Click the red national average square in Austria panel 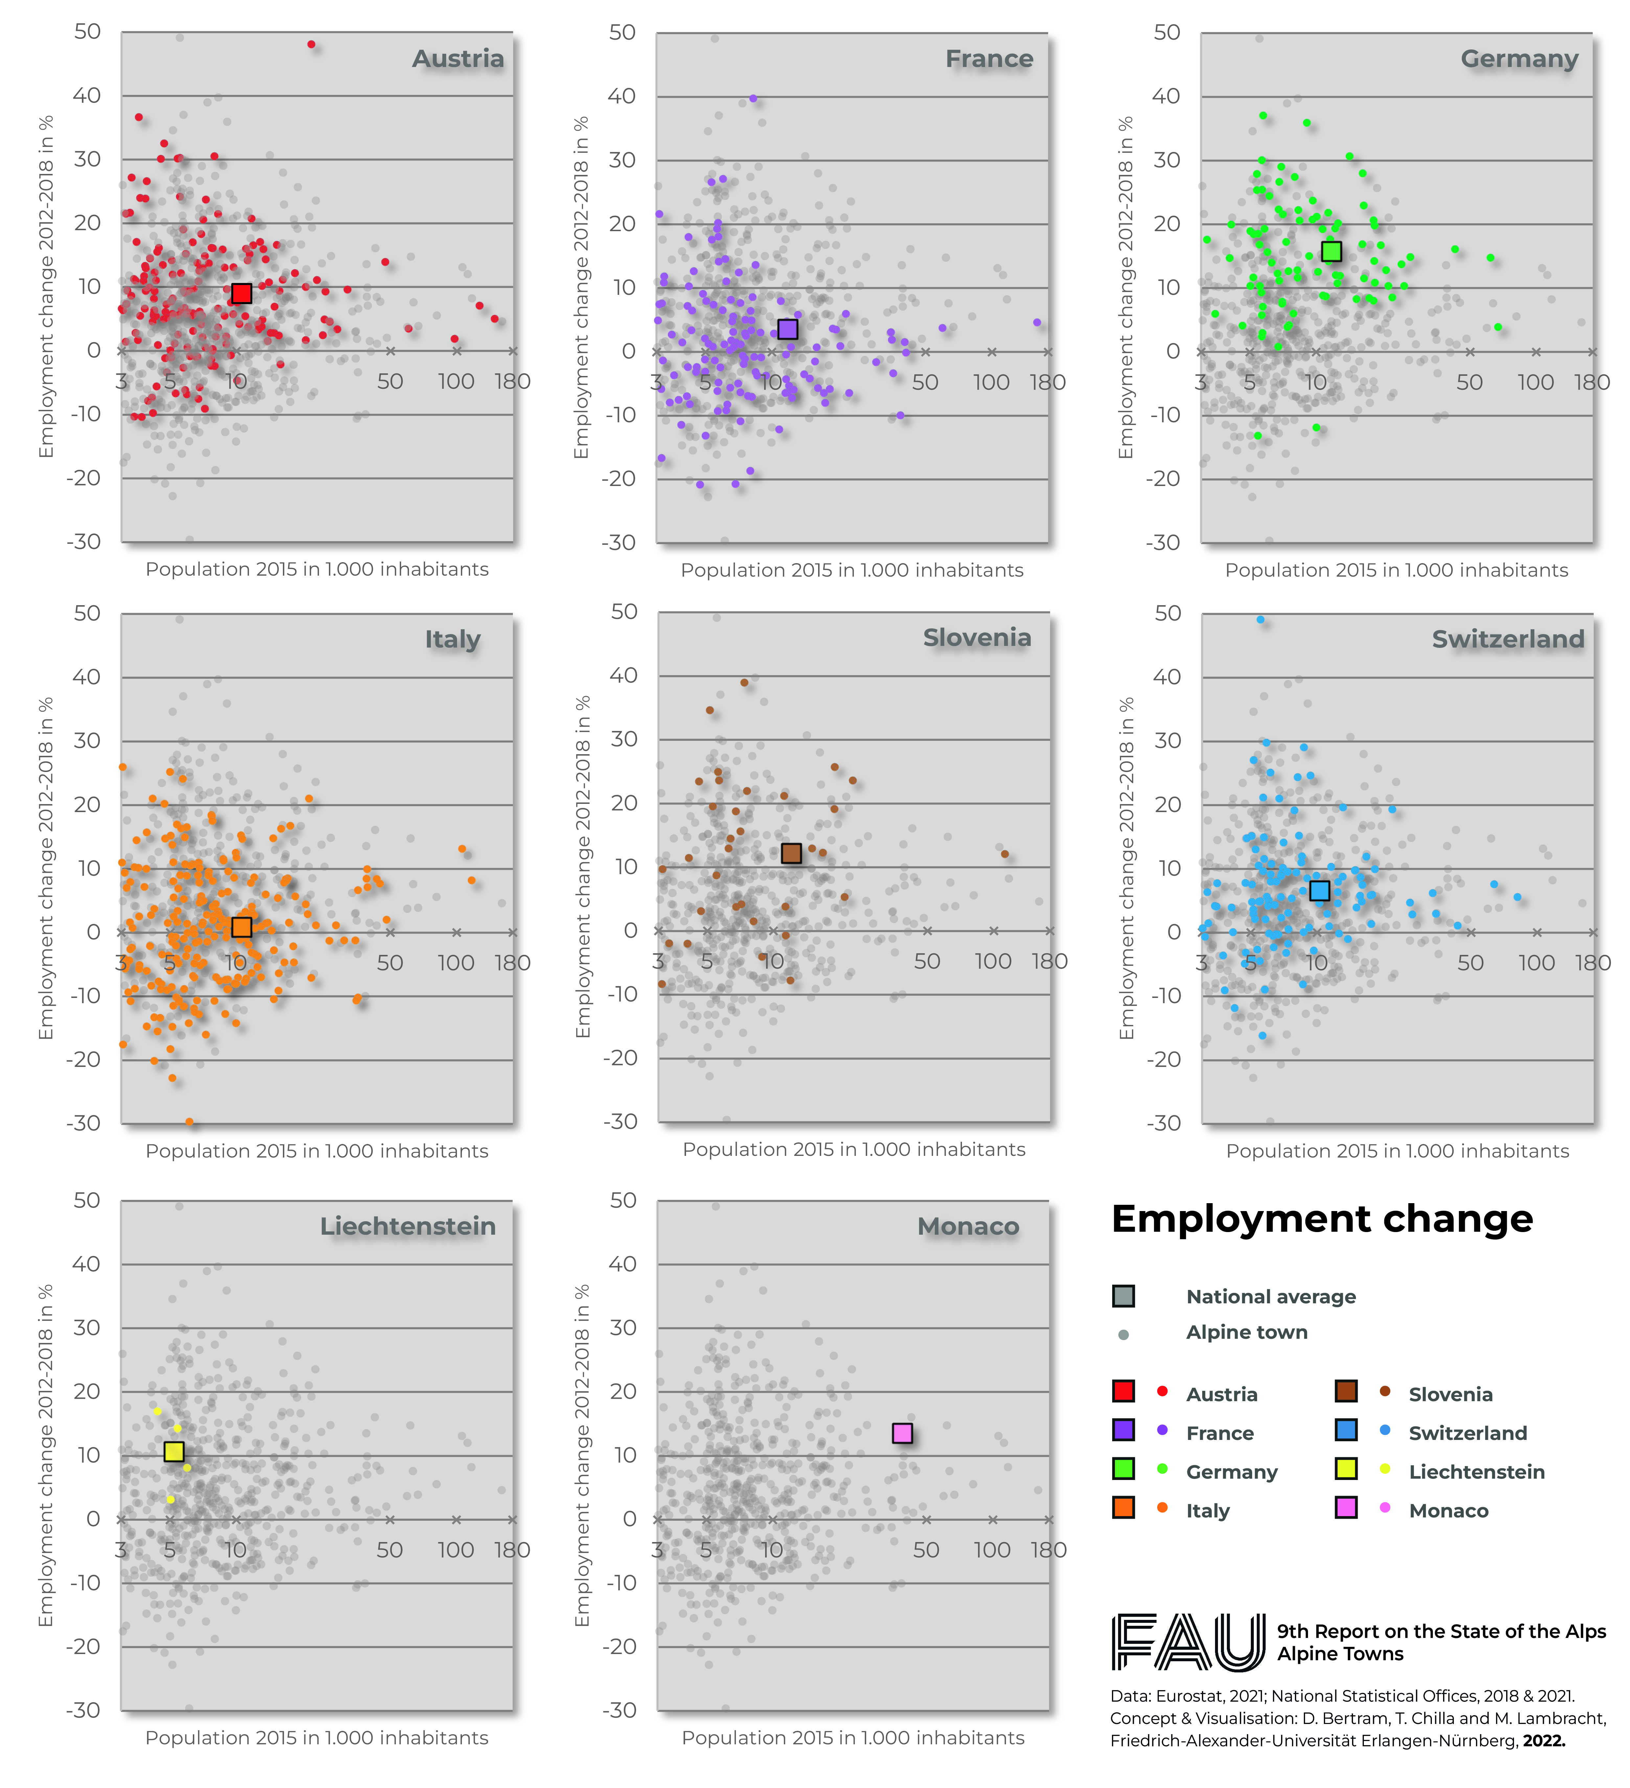[241, 294]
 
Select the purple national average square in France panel [787, 329]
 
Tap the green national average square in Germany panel [1331, 252]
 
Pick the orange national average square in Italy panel [241, 927]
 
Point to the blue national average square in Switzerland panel [1320, 891]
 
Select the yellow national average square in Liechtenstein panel [174, 1451]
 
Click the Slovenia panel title [977, 638]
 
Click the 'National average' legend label [1271, 1297]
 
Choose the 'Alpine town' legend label [1247, 1332]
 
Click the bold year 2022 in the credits [1544, 1741]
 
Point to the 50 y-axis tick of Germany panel [1167, 33]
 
